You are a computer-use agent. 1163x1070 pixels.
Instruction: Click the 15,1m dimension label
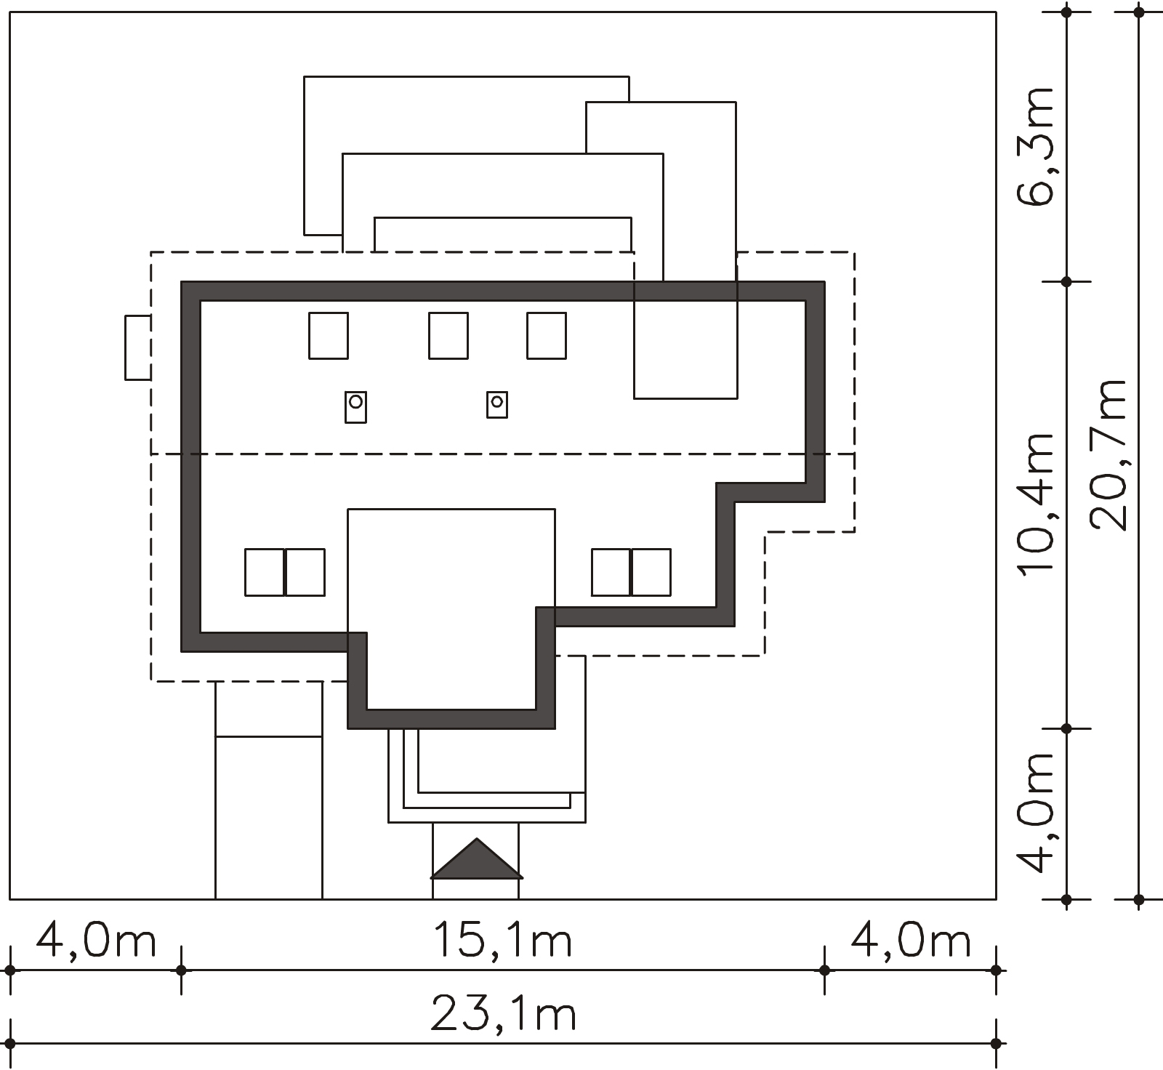click(503, 939)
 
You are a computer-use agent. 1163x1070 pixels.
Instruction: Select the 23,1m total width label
click(503, 1013)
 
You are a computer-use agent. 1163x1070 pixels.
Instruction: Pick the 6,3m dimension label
click(1035, 147)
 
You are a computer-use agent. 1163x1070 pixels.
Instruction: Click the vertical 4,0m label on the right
click(1035, 812)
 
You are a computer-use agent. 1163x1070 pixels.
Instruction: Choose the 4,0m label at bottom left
click(96, 939)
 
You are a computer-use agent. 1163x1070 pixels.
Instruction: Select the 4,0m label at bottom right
click(911, 939)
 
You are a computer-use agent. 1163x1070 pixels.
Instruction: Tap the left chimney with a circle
click(355, 407)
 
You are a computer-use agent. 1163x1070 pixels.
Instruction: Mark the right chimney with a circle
click(497, 404)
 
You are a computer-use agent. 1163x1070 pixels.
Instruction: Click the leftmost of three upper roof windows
click(329, 336)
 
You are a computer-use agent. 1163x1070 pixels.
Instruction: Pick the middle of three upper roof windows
click(448, 336)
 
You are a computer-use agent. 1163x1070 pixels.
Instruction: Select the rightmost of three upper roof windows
click(547, 336)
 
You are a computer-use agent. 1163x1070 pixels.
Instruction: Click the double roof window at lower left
click(285, 573)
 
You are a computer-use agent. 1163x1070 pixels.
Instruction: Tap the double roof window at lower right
click(631, 573)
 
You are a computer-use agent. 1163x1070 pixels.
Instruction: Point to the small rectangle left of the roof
click(138, 347)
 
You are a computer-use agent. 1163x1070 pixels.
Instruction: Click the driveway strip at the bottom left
click(269, 790)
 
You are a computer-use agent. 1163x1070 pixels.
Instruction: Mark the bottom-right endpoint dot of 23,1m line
click(997, 1044)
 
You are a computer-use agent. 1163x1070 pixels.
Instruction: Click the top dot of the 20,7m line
click(1139, 12)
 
